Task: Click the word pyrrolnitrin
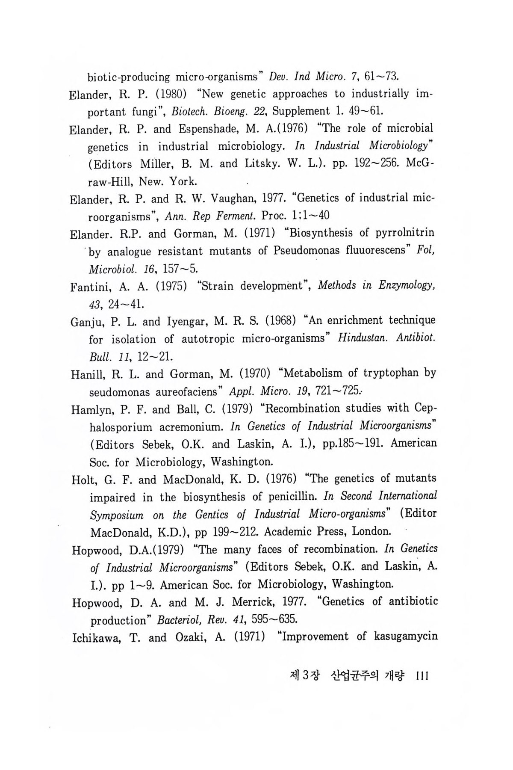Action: coord(398,233)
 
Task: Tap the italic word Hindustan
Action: coord(363,339)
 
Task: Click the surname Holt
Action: coord(83,479)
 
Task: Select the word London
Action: coord(371,532)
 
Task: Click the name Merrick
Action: coord(252,602)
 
